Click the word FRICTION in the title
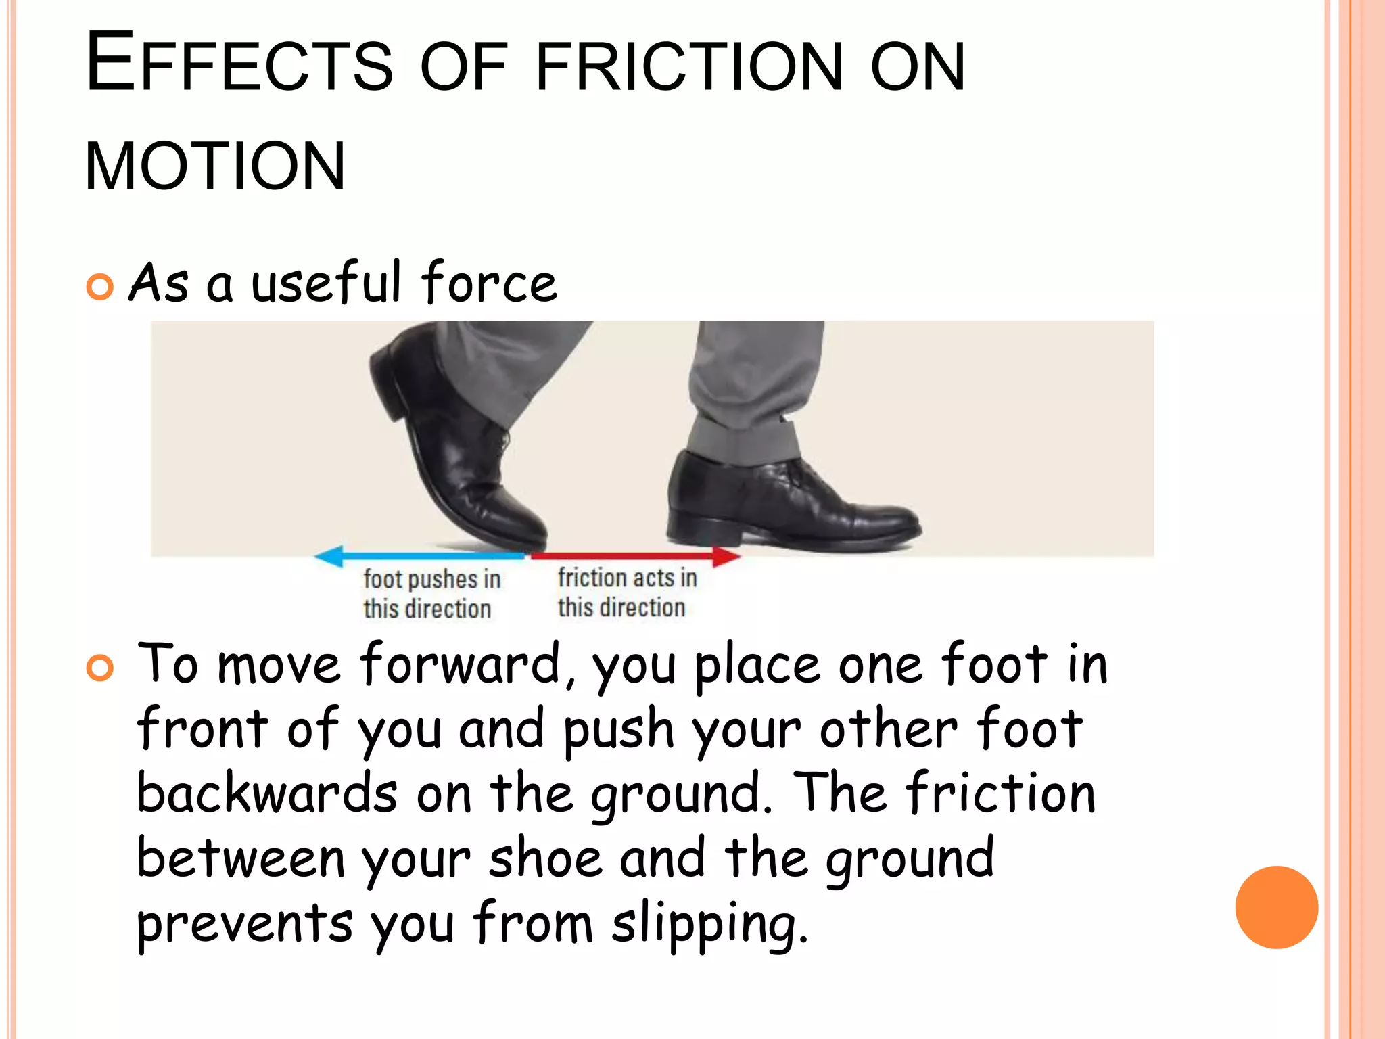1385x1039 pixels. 688,66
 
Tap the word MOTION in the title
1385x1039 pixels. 215,166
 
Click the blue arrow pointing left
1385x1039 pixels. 419,556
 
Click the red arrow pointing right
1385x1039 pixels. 636,556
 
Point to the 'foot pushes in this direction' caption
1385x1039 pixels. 431,593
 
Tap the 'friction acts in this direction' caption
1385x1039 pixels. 626,592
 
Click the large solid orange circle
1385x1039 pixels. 1276,907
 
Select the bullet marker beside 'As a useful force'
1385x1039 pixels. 100,287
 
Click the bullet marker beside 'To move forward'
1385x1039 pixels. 100,668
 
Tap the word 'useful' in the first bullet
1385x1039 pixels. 327,283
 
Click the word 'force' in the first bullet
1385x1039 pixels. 488,283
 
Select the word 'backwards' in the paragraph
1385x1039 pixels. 266,794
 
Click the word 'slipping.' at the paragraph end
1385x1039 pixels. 709,924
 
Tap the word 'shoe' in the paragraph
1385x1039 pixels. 545,859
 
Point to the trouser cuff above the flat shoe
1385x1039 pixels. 744,440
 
